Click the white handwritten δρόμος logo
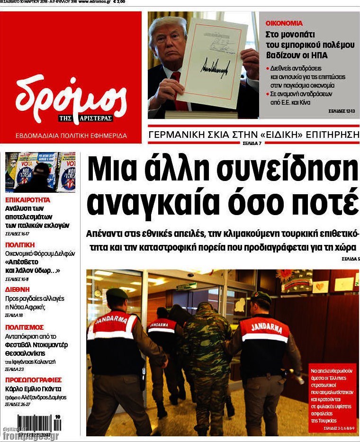pos(71,97)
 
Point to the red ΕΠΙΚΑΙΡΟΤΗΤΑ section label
pos(27,200)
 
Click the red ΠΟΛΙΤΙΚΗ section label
pos(20,244)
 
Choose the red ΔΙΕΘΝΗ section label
pos(18,289)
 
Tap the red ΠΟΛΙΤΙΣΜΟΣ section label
pos(25,327)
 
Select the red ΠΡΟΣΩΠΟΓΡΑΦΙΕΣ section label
pos(33,379)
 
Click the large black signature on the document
pos(216,66)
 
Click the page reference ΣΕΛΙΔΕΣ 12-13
pos(341,111)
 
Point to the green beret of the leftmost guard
pos(117,294)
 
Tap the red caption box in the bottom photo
pos(332,397)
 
